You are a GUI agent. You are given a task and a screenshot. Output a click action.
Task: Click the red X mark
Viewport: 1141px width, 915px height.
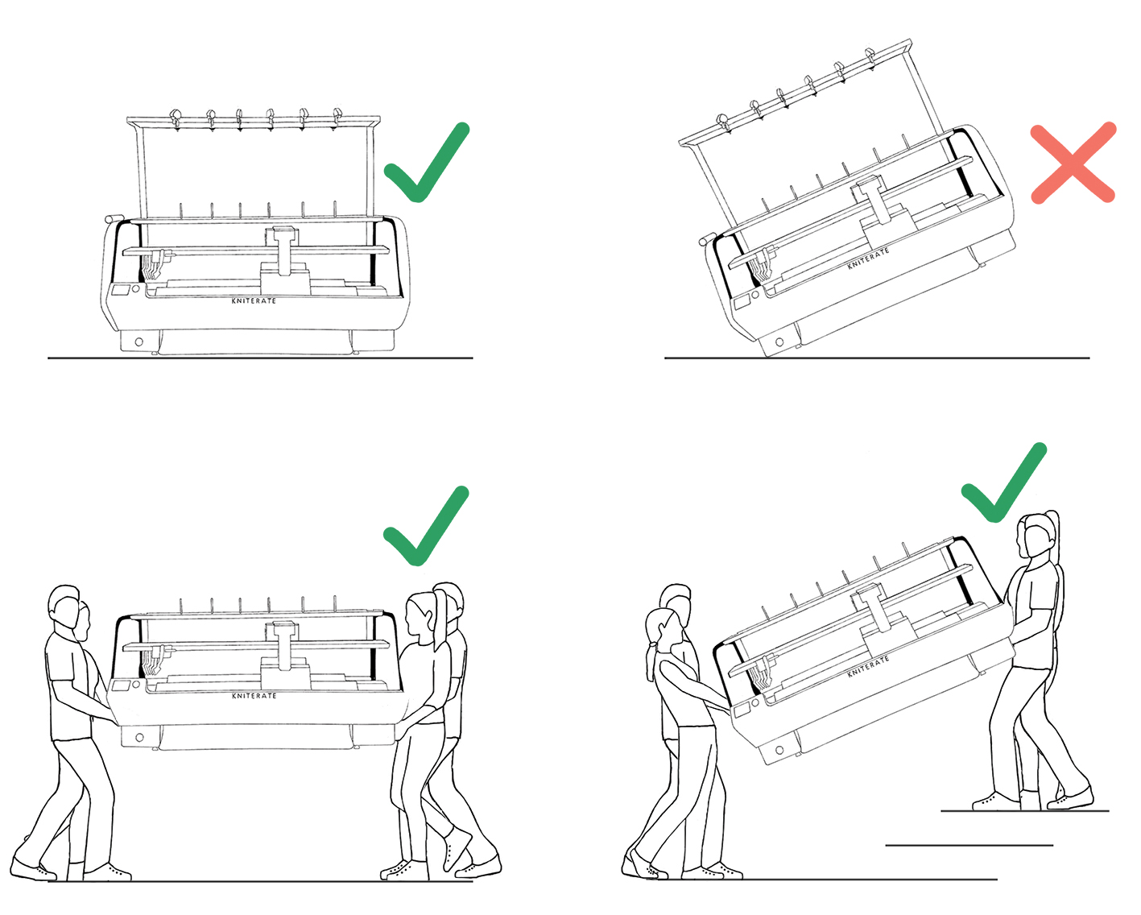(x=1073, y=163)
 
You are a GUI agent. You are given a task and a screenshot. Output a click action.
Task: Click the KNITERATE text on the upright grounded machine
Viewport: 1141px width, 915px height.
(x=254, y=300)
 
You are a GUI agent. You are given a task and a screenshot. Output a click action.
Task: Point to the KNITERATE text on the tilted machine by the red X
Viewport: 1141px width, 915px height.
(x=868, y=259)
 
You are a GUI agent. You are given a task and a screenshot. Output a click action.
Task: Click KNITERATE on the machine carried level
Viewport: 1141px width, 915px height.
(x=254, y=695)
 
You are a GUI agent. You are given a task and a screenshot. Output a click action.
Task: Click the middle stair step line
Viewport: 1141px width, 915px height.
(x=969, y=845)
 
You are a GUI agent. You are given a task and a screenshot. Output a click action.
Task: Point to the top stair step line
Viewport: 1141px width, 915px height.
(x=1025, y=810)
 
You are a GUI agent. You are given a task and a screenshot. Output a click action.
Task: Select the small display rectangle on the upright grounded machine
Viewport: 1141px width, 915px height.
(x=120, y=290)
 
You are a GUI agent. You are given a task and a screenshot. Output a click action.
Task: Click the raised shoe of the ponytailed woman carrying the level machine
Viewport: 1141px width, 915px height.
(x=457, y=851)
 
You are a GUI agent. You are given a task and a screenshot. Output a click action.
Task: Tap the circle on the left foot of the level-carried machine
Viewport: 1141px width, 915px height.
(x=139, y=737)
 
